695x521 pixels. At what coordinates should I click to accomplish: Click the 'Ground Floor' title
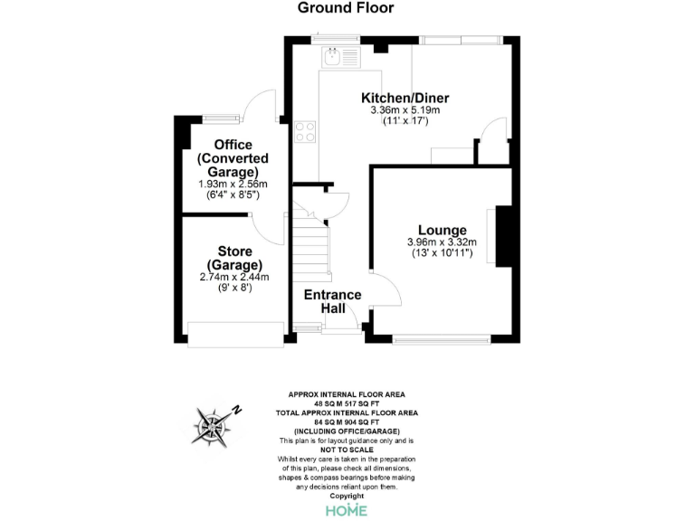(x=347, y=8)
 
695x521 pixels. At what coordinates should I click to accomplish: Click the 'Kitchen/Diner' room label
(x=405, y=98)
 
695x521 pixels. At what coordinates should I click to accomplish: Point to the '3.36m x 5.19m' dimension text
(x=405, y=109)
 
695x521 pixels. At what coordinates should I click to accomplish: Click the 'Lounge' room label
(x=442, y=230)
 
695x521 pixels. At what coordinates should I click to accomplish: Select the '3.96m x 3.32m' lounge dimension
(x=442, y=242)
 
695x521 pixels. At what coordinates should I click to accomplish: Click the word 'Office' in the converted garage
(x=233, y=145)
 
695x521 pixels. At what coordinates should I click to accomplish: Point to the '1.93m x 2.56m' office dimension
(x=233, y=184)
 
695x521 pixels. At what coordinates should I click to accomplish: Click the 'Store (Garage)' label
(x=233, y=258)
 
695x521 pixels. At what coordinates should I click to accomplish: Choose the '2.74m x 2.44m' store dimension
(x=233, y=277)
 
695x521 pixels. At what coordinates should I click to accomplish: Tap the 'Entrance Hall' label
(x=332, y=302)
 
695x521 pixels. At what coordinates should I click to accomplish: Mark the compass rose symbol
(x=216, y=425)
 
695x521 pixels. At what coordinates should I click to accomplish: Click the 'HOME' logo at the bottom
(x=347, y=510)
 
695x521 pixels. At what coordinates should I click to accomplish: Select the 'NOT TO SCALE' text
(x=347, y=450)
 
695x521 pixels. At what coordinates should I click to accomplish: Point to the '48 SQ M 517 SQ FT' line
(x=347, y=403)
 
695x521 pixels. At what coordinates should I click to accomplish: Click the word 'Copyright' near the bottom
(x=347, y=496)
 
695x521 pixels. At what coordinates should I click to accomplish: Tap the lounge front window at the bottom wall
(x=442, y=340)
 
